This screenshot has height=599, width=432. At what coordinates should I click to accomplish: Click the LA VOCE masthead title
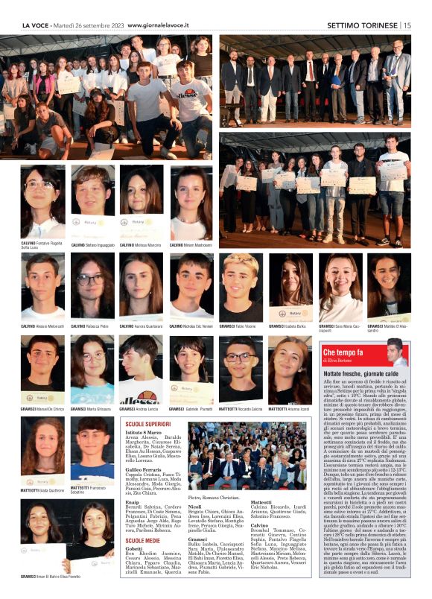coord(36,25)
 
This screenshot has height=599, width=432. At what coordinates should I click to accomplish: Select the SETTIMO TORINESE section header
coord(363,25)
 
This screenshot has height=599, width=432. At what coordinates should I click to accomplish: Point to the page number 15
coord(407,25)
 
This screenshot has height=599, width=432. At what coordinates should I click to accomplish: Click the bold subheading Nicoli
coord(194,507)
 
